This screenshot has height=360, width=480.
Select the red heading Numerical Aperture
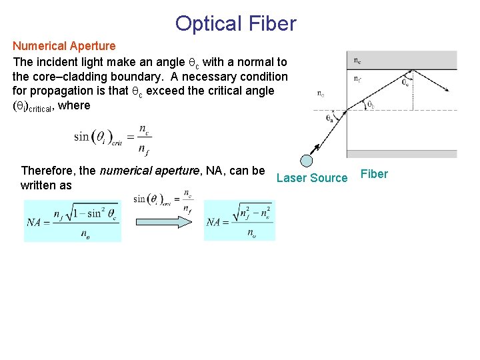click(x=64, y=46)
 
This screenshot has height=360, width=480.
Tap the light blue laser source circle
click(x=306, y=161)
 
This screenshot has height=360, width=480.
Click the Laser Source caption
click(x=312, y=177)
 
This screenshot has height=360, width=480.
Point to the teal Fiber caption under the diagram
click(x=374, y=174)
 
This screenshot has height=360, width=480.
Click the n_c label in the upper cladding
click(x=357, y=61)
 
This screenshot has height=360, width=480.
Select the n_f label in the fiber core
click(x=357, y=78)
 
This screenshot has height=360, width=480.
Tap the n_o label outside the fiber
click(x=321, y=94)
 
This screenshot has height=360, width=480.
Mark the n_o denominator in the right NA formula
click(x=251, y=233)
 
